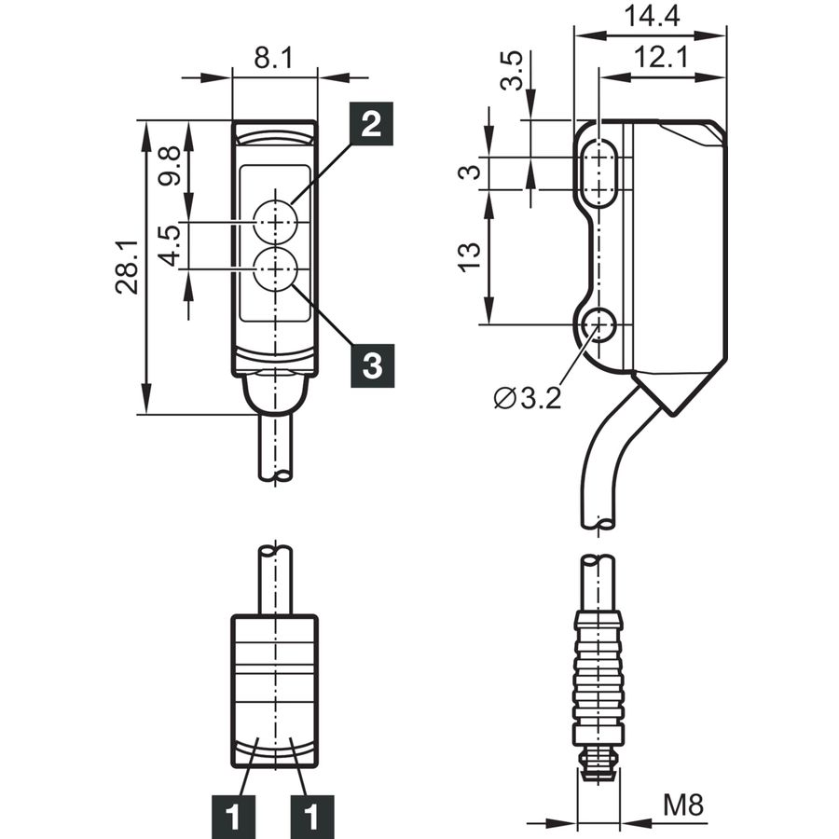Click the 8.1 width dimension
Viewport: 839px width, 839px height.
[x=273, y=57]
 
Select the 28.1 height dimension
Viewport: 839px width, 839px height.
[x=127, y=267]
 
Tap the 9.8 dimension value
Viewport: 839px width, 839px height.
[x=171, y=166]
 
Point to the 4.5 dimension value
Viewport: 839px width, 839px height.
[x=171, y=245]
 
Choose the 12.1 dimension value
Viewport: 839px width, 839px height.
[x=661, y=57]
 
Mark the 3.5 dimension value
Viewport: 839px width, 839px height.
[x=511, y=70]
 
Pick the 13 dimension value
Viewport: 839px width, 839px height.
[x=469, y=257]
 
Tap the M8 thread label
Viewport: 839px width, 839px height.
[x=683, y=805]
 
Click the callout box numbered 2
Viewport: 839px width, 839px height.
[x=371, y=124]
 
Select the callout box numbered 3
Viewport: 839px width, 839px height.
[x=372, y=366]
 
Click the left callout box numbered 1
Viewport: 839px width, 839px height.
[x=233, y=817]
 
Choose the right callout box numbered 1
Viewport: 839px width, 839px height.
[x=311, y=817]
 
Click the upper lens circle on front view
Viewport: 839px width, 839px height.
[x=276, y=222]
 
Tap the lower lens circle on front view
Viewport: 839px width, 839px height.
[x=276, y=269]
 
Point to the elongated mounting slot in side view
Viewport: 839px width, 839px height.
[x=598, y=172]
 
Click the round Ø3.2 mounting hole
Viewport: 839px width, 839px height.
[x=598, y=324]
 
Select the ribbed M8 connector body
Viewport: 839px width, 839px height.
[x=598, y=680]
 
